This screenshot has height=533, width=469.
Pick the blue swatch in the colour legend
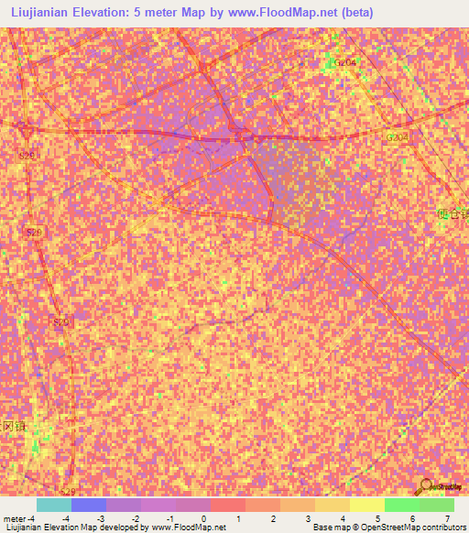pos(89,505)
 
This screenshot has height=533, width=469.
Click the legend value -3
pos(101,517)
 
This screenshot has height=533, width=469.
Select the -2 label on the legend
pos(136,517)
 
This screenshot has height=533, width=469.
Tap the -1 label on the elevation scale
pos(170,517)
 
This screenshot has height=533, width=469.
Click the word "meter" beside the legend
pos(15,517)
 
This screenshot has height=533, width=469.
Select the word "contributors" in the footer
pos(442,528)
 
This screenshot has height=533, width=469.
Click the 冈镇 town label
pos(11,427)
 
